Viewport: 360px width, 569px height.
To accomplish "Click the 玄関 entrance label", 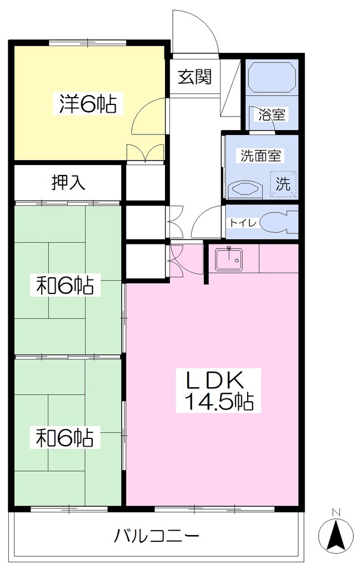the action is click(194, 77).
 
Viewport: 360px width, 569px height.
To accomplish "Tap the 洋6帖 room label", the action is click(88, 104).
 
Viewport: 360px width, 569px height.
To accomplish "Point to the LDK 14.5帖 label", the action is click(218, 391).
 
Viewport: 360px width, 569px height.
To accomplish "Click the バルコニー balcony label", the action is click(157, 535).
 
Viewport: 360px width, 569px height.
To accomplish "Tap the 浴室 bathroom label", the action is click(272, 114).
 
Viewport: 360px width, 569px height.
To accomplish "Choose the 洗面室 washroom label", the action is click(261, 156).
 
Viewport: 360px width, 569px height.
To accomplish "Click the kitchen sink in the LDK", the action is click(229, 259).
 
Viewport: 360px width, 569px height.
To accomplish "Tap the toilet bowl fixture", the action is click(279, 222).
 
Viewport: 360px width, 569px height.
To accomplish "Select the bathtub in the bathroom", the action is click(272, 77).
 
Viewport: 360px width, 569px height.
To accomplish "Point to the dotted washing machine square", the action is click(283, 184).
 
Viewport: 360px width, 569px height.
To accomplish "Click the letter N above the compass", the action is click(336, 512).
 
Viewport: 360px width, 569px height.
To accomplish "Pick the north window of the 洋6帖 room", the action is click(87, 42).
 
